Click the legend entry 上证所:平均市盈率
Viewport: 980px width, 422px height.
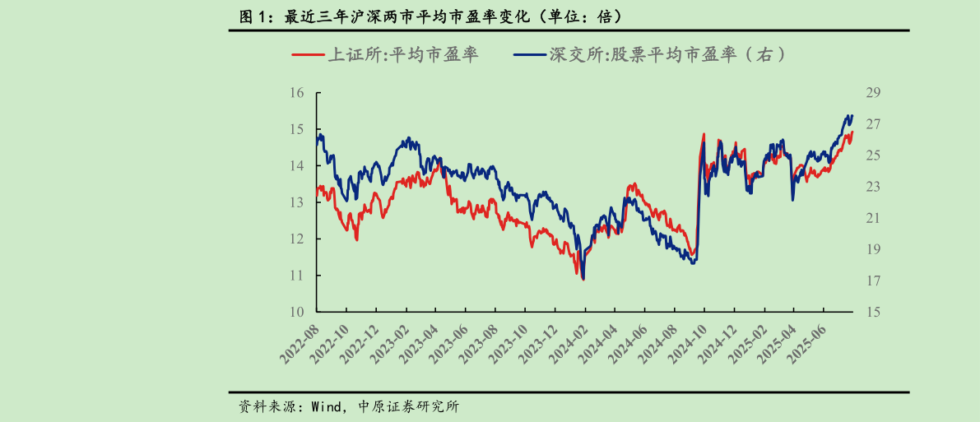click(403, 55)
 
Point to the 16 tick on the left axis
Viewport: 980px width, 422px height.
click(297, 93)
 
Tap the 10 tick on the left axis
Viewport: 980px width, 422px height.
click(297, 312)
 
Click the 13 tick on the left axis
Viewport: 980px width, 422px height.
click(297, 202)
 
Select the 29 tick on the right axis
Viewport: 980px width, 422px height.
click(873, 93)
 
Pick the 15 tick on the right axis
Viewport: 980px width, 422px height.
click(873, 312)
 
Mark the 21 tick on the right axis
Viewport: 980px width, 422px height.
click(873, 218)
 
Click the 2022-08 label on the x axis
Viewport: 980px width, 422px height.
click(300, 341)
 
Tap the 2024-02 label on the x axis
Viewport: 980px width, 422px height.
click(567, 341)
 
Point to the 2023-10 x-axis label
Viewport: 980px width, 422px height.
click(508, 341)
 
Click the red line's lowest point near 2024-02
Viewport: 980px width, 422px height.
click(583, 280)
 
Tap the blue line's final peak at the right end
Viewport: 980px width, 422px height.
click(851, 115)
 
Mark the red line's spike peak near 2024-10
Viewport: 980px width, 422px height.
click(704, 133)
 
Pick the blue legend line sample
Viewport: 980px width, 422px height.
click(531, 55)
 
